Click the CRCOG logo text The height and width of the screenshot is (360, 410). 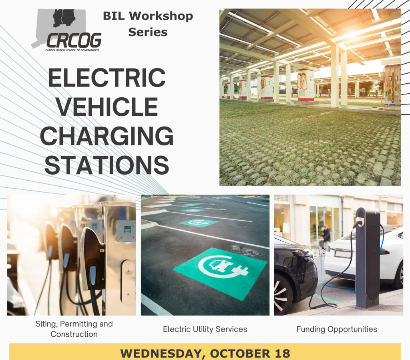(74, 40)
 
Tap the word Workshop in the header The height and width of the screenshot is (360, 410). (161, 16)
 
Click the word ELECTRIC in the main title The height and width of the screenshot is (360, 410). (107, 78)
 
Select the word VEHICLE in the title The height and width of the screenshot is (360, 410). (107, 107)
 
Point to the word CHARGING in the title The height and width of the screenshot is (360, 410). (107, 136)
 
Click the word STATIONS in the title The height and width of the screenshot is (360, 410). (107, 165)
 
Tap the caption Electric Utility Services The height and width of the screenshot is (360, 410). (205, 329)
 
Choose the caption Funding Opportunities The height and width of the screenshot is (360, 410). (337, 329)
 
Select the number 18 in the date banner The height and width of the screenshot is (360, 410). (282, 354)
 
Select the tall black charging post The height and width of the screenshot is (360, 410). (368, 258)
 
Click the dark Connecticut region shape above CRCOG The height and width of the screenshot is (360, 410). (64, 18)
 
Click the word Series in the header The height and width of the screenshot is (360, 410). (148, 32)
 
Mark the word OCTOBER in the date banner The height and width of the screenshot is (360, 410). (241, 354)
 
